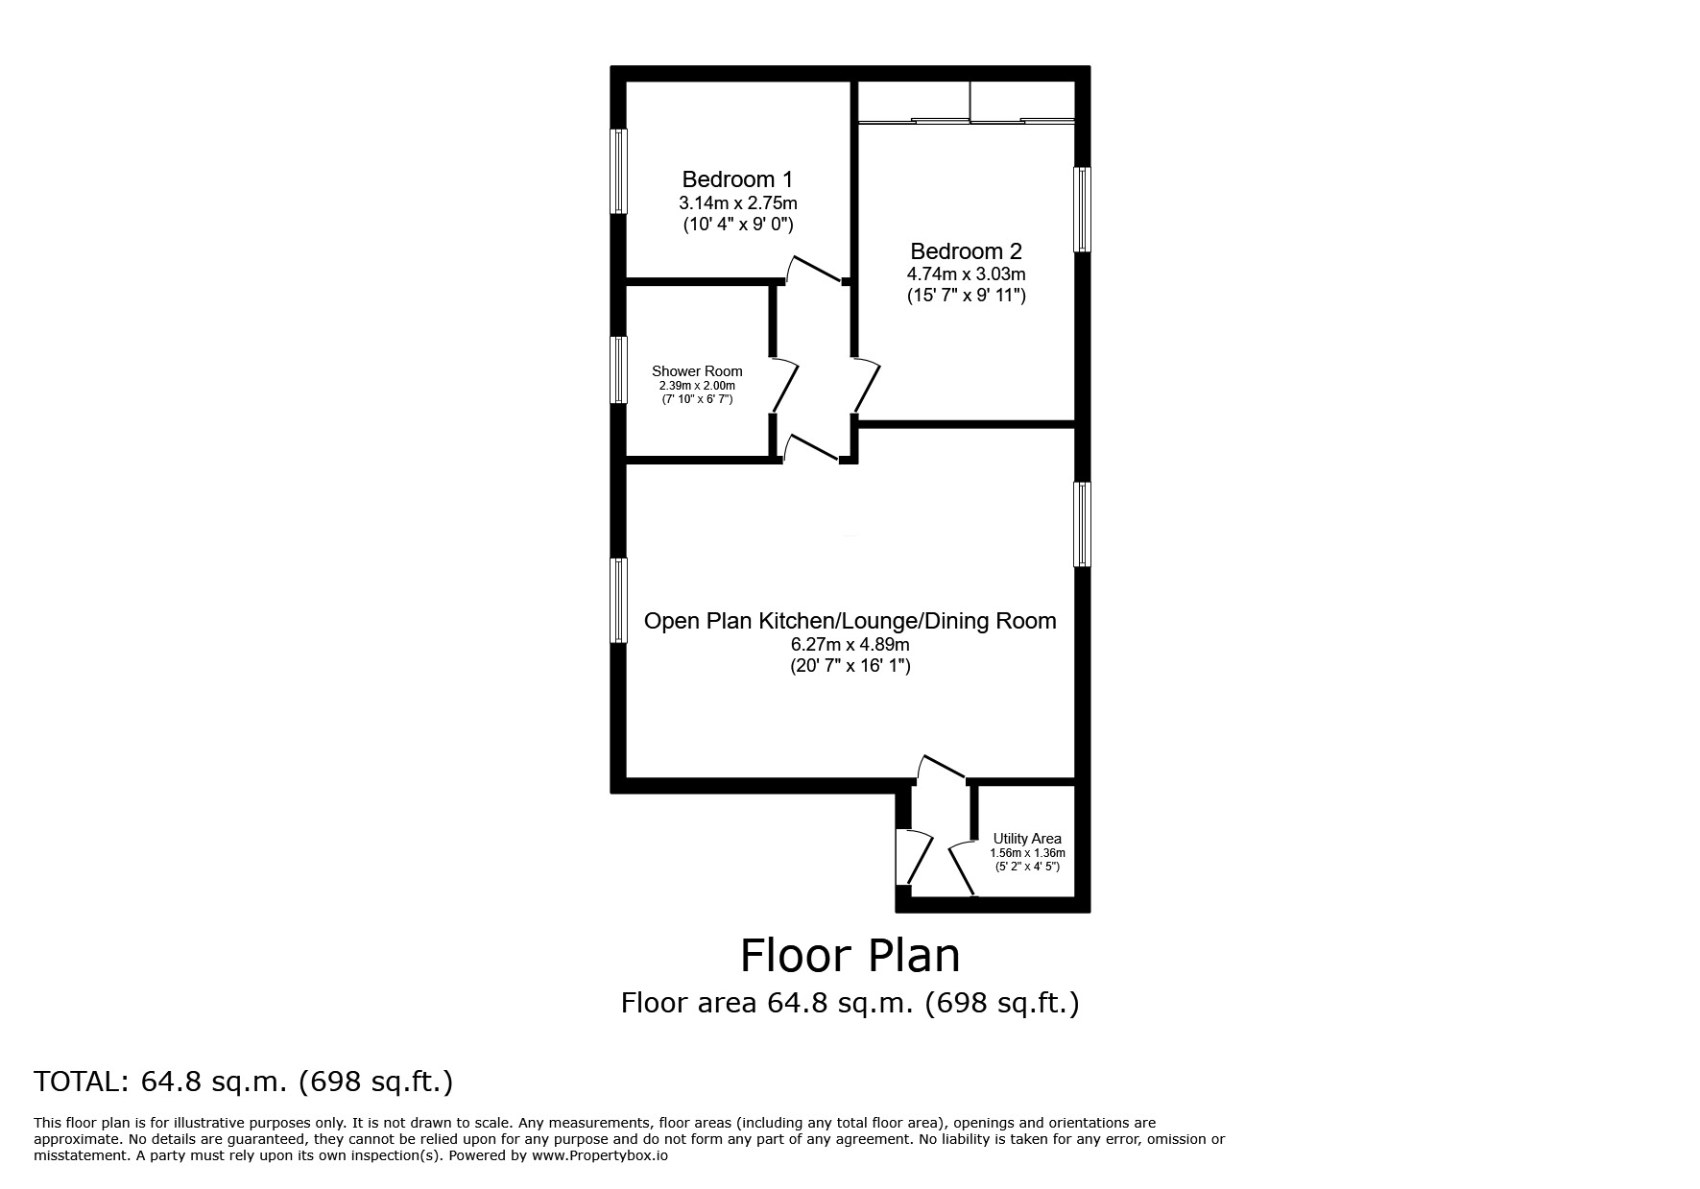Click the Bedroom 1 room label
click(737, 179)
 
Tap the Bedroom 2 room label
click(966, 251)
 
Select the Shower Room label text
click(697, 371)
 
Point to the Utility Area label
click(1027, 839)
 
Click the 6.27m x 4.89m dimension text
click(850, 644)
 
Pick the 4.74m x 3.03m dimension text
click(966, 274)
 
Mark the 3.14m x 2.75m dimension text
click(737, 202)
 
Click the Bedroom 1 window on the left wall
click(620, 171)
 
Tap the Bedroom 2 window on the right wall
click(1082, 209)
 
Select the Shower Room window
click(620, 369)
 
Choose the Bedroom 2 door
click(867, 384)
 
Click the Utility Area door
click(963, 868)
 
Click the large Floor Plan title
click(850, 955)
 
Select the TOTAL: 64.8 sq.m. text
click(243, 1082)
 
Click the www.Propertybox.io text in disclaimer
click(600, 1155)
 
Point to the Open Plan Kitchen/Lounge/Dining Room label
click(850, 621)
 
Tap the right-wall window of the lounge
click(1082, 524)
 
